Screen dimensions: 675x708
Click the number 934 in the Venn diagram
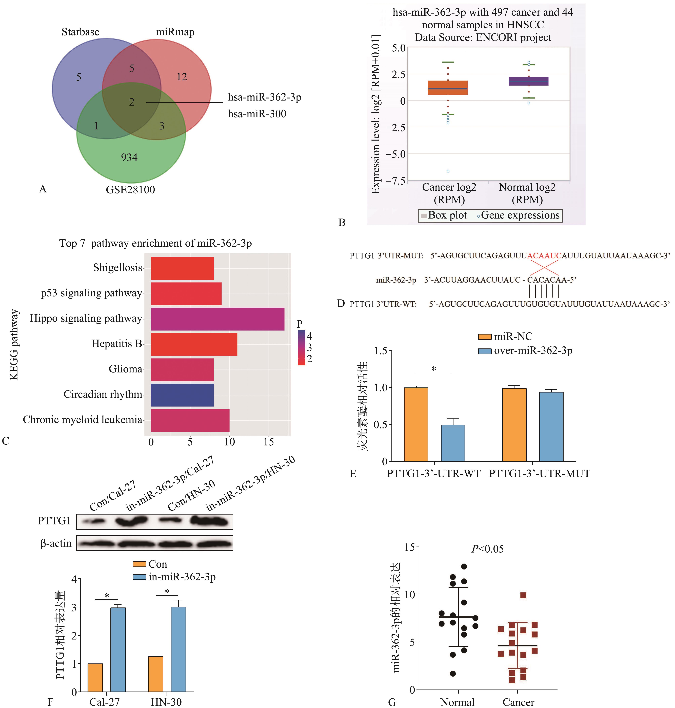click(129, 157)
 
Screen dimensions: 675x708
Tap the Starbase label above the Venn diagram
click(81, 32)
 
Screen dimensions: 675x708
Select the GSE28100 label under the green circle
click(130, 190)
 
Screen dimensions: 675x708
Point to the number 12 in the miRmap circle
click(182, 77)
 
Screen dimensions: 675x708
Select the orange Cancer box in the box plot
click(448, 88)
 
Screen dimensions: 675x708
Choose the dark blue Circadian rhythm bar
click(182, 395)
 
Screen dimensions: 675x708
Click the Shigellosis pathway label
click(118, 268)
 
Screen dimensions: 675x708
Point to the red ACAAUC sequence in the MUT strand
click(544, 256)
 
